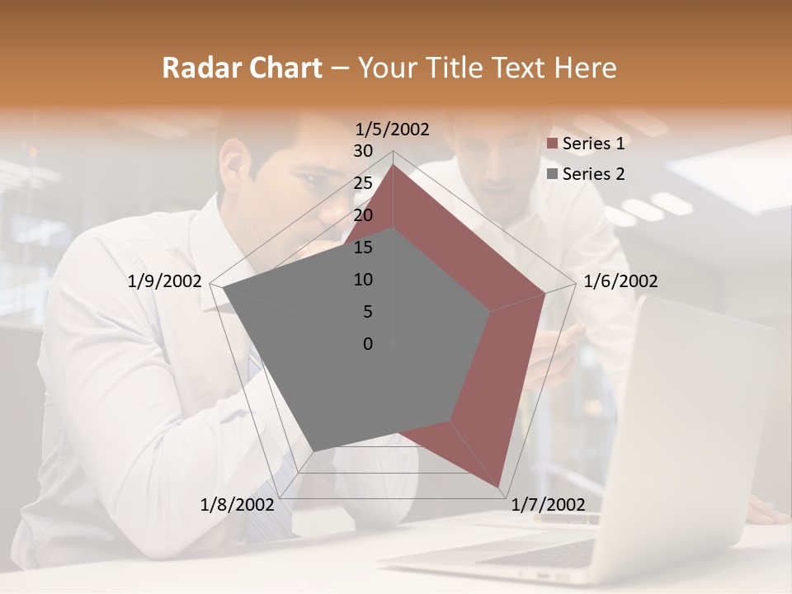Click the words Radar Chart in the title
point(242,68)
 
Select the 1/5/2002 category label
point(393,130)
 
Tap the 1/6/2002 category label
point(620,281)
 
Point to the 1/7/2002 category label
point(548,505)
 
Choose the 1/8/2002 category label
point(237,505)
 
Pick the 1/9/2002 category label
point(165,281)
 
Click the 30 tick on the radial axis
point(363,151)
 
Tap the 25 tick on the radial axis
point(363,183)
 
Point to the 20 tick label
point(363,215)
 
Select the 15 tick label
point(363,247)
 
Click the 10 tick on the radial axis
point(363,280)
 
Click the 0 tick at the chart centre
point(368,344)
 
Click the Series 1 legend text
point(593,144)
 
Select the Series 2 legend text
point(593,174)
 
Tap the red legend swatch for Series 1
point(553,144)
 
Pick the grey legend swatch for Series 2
point(553,174)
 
